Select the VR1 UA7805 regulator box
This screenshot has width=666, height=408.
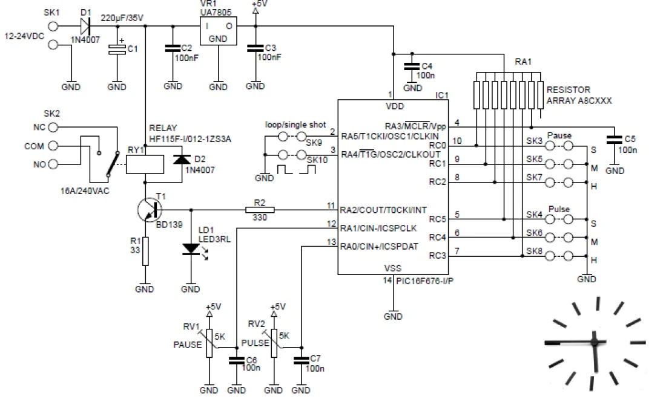(218, 30)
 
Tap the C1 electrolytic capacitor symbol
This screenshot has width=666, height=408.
(117, 52)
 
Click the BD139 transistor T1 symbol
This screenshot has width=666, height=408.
(150, 210)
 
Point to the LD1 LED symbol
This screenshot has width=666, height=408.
(192, 248)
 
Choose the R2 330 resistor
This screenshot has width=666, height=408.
(260, 210)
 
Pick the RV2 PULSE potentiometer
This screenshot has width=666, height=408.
(274, 343)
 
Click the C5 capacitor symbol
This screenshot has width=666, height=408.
(615, 141)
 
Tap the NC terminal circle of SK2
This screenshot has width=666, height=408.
(53, 128)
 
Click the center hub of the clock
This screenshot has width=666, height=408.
(595, 343)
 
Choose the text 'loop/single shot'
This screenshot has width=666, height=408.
(295, 125)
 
